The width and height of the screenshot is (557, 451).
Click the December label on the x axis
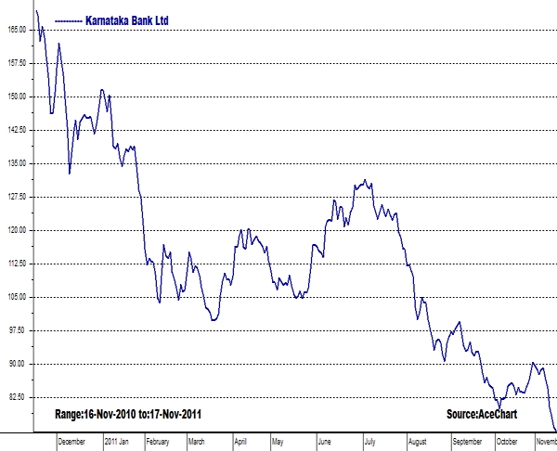pyautogui.click(x=71, y=443)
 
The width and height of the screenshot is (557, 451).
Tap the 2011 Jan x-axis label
pyautogui.click(x=118, y=443)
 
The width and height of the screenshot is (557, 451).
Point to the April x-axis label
pyautogui.click(x=240, y=443)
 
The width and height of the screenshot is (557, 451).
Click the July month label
pyautogui.click(x=369, y=443)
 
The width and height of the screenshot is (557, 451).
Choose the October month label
pyautogui.click(x=507, y=443)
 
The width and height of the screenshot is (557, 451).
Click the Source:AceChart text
pyautogui.click(x=481, y=413)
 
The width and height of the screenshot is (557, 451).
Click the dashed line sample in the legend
pyautogui.click(x=69, y=19)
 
